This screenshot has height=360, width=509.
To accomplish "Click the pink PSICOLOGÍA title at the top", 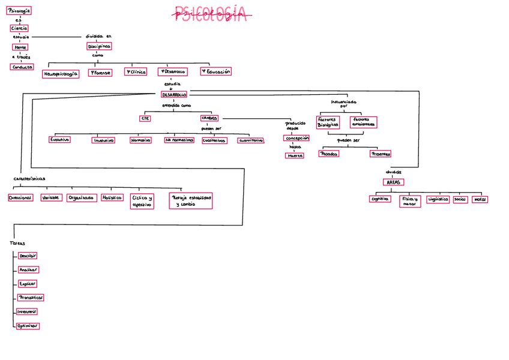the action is [x=211, y=14].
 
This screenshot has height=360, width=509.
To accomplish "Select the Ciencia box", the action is [x=19, y=28].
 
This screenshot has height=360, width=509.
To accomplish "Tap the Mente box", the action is [x=20, y=47].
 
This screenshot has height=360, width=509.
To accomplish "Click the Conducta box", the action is [x=22, y=67].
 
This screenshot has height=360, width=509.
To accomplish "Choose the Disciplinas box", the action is [x=98, y=46].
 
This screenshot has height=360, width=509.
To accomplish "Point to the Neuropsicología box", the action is [x=61, y=74].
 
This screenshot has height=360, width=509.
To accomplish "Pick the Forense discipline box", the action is [x=100, y=73].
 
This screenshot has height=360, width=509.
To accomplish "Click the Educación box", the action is [x=215, y=71].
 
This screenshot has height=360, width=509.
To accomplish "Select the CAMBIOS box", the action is [x=209, y=118].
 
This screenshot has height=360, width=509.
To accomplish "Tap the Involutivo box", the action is [x=103, y=140].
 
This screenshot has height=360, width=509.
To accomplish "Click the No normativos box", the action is [x=179, y=140].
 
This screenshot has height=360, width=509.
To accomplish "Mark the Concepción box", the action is [x=296, y=138].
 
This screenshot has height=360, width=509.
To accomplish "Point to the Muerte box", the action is [x=294, y=155].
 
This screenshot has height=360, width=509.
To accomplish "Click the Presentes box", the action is [x=381, y=154].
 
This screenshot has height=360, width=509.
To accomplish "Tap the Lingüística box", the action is [x=438, y=199].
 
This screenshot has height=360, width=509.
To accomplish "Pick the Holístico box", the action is [x=112, y=197].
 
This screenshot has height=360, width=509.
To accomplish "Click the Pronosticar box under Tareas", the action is [x=31, y=298].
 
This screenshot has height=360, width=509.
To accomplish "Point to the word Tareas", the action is [x=17, y=244].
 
